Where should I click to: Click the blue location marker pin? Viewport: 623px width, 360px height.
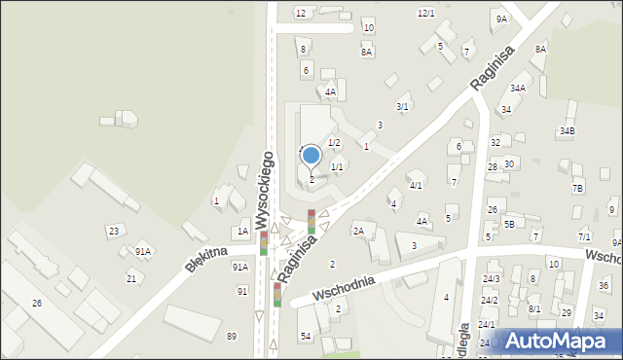[311, 156]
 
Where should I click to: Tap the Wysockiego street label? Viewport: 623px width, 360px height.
[262, 190]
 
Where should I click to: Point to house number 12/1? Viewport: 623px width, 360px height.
[425, 13]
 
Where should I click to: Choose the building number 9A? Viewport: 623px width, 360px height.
[500, 18]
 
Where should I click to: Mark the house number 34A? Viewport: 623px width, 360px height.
[518, 88]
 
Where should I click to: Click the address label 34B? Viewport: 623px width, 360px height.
[567, 130]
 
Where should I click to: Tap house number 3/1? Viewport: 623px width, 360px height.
[402, 106]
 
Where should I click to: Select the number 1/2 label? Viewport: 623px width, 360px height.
[334, 143]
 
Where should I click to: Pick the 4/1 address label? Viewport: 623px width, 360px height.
[416, 185]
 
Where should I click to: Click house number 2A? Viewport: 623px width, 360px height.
[358, 231]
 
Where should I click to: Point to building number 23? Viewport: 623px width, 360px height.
[114, 231]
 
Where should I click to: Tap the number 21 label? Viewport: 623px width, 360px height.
[130, 278]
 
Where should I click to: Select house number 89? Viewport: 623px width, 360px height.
[231, 336]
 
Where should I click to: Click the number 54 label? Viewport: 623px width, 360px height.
[305, 336]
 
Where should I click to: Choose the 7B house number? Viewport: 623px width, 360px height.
[577, 188]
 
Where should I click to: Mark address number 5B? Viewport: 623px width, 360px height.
[509, 225]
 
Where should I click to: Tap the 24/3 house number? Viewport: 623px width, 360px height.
[491, 279]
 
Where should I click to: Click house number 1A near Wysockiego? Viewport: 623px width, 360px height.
[242, 232]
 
